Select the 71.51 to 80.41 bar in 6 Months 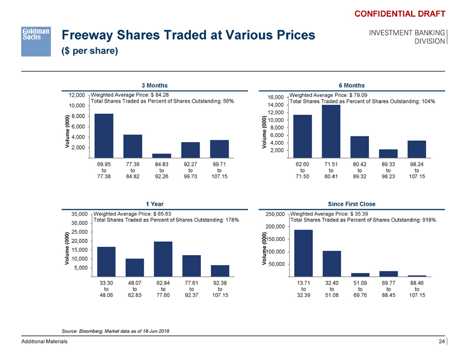point(331,131)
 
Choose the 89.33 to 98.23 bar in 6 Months point(388,153)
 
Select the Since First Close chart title point(351,204)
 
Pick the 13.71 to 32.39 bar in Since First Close point(303,252)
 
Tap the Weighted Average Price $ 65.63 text point(133,214)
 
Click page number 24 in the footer point(441,342)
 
